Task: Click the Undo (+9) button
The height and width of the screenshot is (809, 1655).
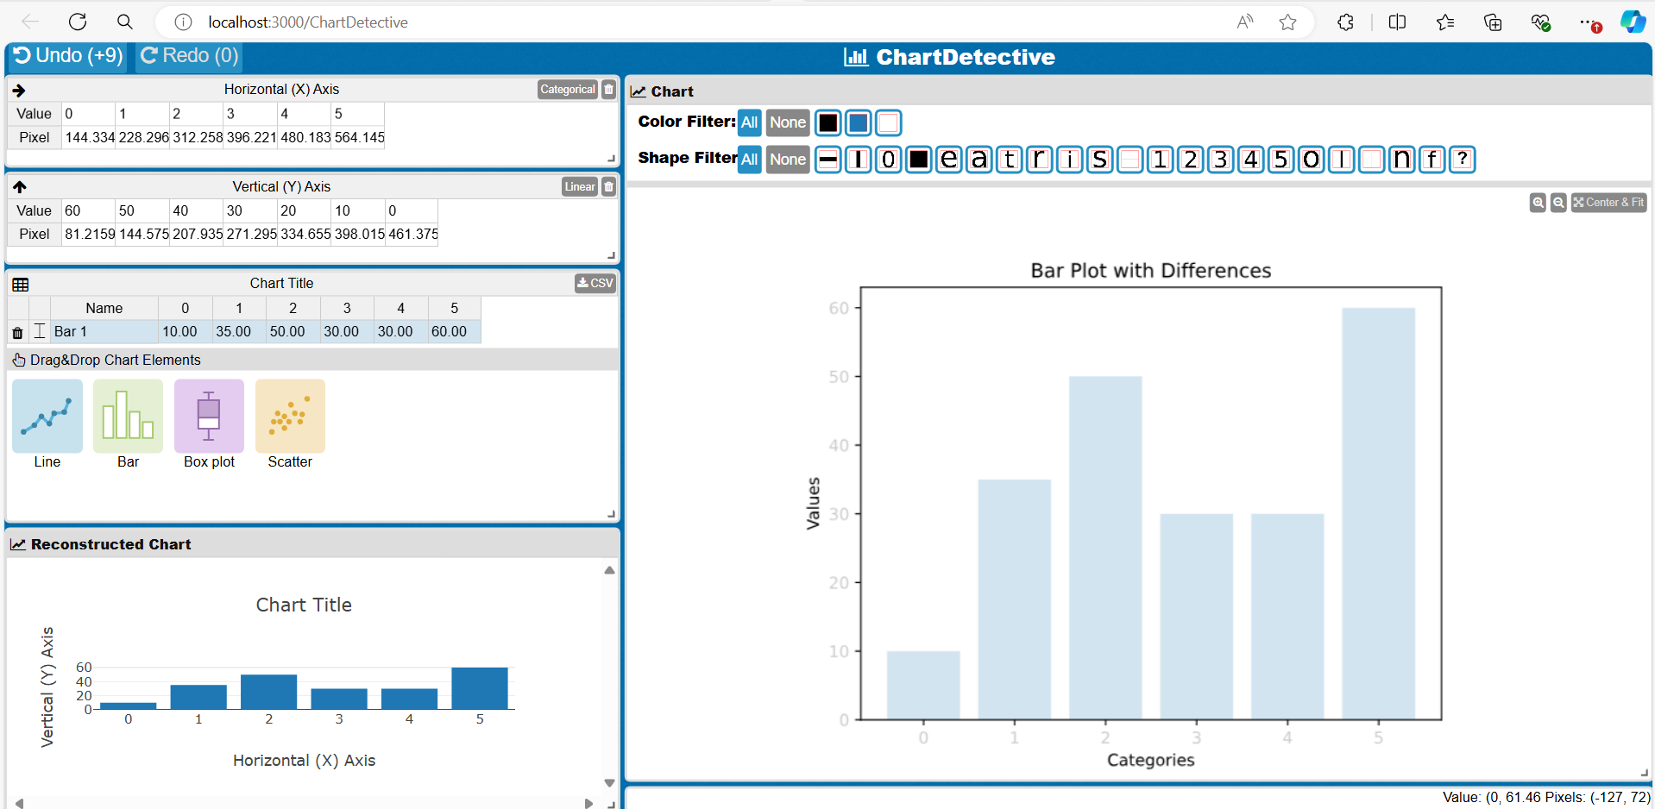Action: pos(68,56)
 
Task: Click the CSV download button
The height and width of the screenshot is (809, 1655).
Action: pos(595,283)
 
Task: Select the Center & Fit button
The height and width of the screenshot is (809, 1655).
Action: pos(1608,203)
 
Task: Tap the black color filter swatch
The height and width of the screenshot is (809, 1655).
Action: pos(828,123)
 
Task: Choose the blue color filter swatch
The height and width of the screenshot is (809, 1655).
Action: pos(859,123)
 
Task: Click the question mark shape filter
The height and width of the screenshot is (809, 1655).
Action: pos(1462,160)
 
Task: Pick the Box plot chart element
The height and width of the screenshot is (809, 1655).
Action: pos(209,417)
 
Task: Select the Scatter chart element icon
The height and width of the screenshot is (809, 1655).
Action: pos(290,417)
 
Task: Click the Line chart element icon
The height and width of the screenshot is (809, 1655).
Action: pos(47,417)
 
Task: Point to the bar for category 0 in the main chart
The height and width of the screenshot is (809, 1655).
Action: pos(923,685)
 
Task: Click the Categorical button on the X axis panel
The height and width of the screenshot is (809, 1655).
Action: pos(567,90)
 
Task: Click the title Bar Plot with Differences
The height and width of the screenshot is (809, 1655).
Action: pos(1150,271)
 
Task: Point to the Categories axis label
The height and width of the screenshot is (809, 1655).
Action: pos(1150,760)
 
